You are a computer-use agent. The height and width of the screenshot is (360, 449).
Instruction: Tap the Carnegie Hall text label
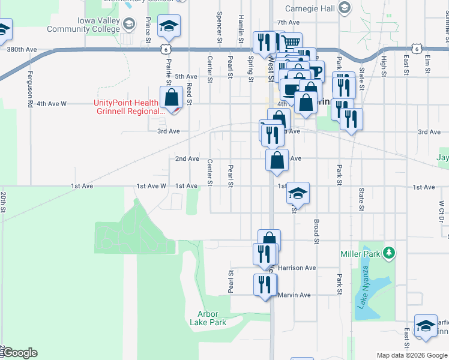(x=310, y=8)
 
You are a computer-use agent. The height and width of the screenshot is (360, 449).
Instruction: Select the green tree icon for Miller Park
(x=389, y=253)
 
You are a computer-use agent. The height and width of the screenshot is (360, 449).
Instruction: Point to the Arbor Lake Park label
(x=208, y=318)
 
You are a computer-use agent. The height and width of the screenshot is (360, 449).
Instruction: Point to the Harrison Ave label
(x=297, y=268)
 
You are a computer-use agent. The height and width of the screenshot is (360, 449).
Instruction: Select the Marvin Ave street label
(x=294, y=295)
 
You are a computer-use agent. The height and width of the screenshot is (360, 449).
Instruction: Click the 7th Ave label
(x=288, y=22)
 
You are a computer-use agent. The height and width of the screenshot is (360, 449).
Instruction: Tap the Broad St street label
(x=316, y=231)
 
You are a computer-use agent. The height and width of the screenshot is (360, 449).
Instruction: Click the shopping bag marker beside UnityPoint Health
(x=172, y=97)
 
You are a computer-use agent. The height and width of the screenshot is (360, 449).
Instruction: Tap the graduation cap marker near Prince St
(x=169, y=26)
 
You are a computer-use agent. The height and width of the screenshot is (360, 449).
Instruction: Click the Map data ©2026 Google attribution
(x=411, y=355)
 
